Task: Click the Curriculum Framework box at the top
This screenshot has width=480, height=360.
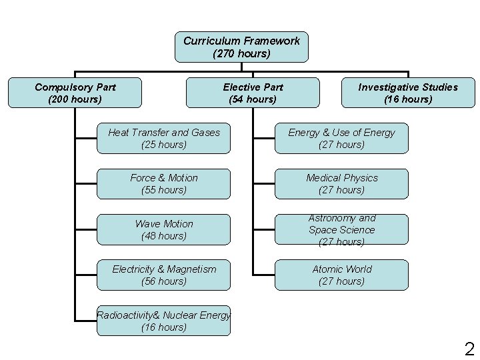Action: pyautogui.click(x=241, y=47)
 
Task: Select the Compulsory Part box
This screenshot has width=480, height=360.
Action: pyautogui.click(x=75, y=93)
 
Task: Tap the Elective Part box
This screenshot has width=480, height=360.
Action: pyautogui.click(x=253, y=93)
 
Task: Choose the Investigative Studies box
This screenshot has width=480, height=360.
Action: pyautogui.click(x=408, y=93)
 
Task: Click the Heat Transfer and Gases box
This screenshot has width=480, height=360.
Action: pyautogui.click(x=164, y=138)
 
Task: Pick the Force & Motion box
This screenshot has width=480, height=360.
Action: pyautogui.click(x=164, y=183)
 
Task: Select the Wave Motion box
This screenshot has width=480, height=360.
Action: pyautogui.click(x=164, y=229)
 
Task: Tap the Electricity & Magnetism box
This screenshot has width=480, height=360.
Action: pyautogui.click(x=164, y=275)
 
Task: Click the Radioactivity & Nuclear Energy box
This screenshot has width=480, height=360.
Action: pyautogui.click(x=164, y=321)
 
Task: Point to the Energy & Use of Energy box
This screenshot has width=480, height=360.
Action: pyautogui.click(x=341, y=138)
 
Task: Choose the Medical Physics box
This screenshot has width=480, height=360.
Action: pyautogui.click(x=341, y=183)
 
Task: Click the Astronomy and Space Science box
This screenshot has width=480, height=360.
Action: pyautogui.click(x=341, y=229)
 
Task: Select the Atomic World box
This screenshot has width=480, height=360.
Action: pyautogui.click(x=341, y=275)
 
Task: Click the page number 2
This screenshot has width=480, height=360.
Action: pyautogui.click(x=469, y=348)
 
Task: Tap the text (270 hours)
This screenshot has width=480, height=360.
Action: pyautogui.click(x=241, y=53)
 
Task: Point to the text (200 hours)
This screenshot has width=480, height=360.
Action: pyautogui.click(x=75, y=99)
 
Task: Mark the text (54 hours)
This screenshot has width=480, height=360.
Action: pyautogui.click(x=253, y=99)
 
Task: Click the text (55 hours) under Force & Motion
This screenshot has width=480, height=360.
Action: pyautogui.click(x=164, y=190)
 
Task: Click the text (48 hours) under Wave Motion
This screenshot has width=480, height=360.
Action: pyautogui.click(x=164, y=236)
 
